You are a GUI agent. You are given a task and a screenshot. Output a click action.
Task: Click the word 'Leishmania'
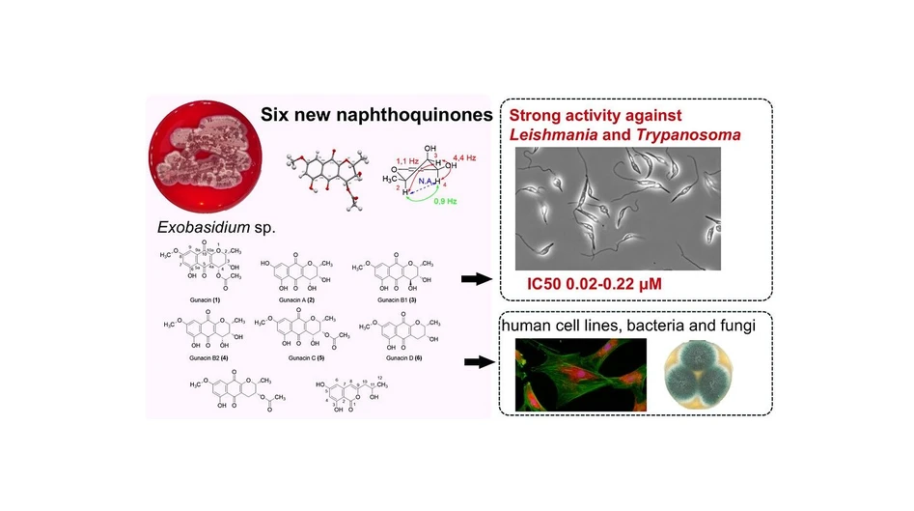(549, 135)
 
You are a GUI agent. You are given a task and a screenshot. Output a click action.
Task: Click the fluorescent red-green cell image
(579, 371)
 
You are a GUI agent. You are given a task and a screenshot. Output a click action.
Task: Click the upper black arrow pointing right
(475, 279)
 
